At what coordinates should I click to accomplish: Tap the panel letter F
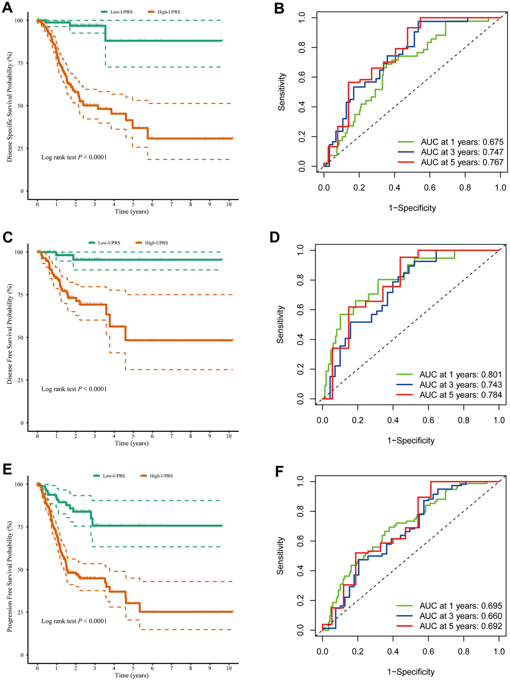[x=280, y=471]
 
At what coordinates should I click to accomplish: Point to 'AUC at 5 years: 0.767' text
[x=462, y=162]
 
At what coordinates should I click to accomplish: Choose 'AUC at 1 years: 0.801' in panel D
[x=460, y=374]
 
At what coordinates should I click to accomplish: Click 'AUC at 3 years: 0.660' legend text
[x=460, y=616]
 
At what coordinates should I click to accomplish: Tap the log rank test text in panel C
[x=74, y=389]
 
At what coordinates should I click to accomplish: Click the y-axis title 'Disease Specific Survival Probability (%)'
[x=10, y=107]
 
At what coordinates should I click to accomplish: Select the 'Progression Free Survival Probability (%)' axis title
[x=10, y=575]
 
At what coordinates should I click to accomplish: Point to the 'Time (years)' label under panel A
[x=131, y=211]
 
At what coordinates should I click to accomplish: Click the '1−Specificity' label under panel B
[x=412, y=208]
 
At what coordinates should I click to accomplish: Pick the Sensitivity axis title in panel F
[x=280, y=555]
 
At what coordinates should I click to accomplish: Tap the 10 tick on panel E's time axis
[x=229, y=668]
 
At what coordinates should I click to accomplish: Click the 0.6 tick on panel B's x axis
[x=429, y=188]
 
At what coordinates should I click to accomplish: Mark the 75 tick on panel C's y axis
[x=19, y=295]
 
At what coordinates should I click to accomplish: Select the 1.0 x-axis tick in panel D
[x=499, y=420]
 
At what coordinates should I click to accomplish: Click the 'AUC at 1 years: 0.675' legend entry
[x=462, y=142]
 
